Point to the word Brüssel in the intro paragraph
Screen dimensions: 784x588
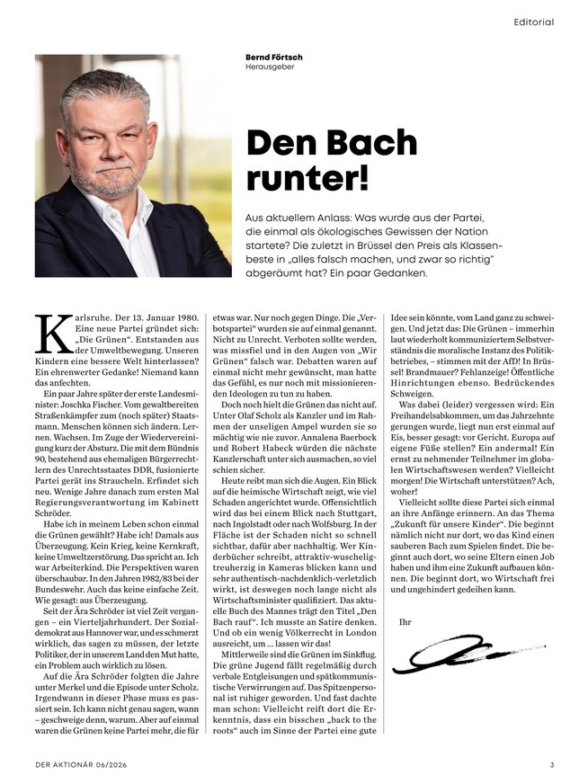click(x=367, y=245)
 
